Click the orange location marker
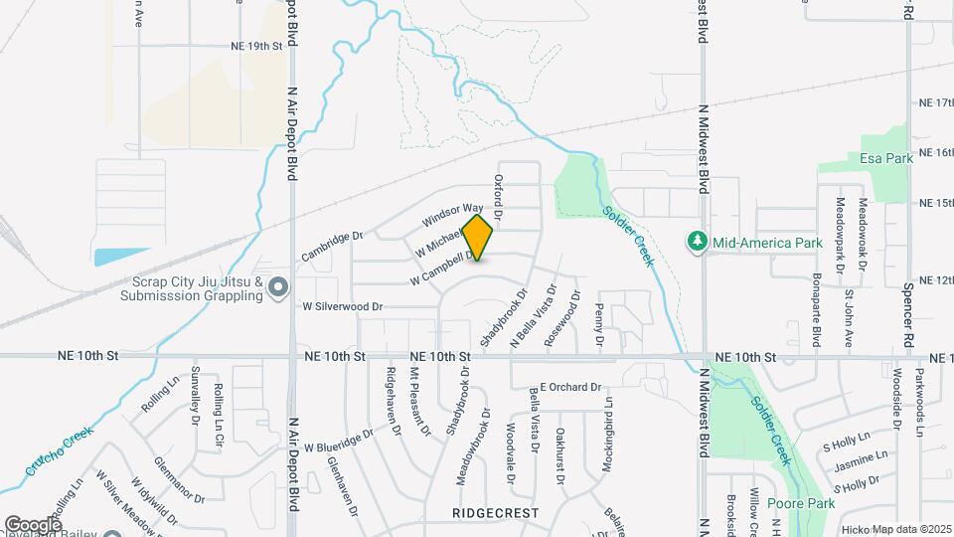click(x=478, y=238)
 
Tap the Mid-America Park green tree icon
click(x=697, y=242)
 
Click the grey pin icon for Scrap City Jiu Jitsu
click(x=279, y=288)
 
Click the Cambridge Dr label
click(x=333, y=247)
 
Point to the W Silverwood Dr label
click(x=343, y=306)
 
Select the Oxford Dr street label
click(x=499, y=198)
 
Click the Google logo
click(x=33, y=524)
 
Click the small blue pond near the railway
click(x=120, y=256)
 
